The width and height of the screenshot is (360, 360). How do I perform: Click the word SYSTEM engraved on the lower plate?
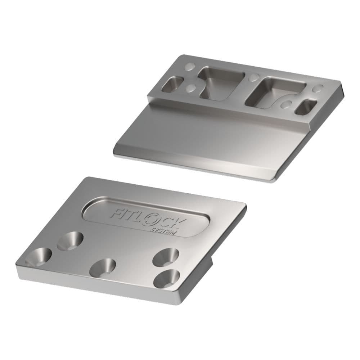(x=163, y=231)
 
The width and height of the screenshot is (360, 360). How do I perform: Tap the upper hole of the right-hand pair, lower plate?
(x=166, y=256)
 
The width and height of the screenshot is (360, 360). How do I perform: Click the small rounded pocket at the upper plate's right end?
(x=306, y=107)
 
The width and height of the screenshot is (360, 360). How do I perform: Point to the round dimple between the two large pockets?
(x=254, y=77)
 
